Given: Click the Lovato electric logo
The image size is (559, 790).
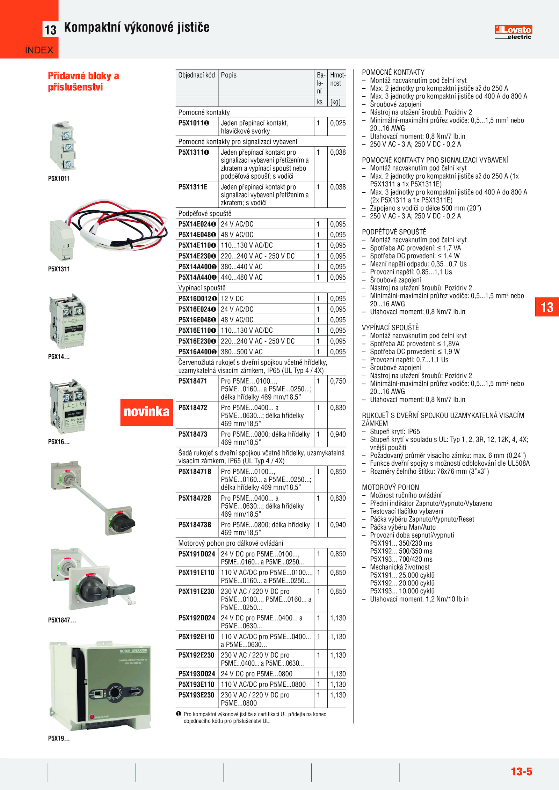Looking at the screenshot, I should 513,32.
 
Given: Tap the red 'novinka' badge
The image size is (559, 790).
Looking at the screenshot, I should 146,412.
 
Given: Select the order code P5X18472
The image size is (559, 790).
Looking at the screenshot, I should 193,408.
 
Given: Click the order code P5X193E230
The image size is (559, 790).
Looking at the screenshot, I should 196,695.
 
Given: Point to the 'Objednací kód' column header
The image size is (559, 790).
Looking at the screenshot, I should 196,75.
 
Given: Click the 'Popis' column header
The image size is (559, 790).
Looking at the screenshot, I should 228,75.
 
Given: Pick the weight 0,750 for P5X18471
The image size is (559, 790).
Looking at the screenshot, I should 337,381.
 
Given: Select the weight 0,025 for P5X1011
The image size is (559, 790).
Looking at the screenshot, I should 337,123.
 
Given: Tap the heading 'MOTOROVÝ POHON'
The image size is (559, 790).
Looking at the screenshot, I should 390,487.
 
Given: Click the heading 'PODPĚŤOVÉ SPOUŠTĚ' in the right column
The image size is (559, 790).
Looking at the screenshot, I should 394,232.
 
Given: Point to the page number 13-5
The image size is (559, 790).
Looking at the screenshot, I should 521,771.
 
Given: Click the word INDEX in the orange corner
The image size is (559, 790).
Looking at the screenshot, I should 39,50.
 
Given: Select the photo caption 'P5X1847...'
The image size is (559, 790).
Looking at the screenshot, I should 62,620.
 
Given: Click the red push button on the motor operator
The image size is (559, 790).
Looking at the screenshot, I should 92,716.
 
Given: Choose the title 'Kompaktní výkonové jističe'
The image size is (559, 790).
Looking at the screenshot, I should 137,28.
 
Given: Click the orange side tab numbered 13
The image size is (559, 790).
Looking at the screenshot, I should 547,307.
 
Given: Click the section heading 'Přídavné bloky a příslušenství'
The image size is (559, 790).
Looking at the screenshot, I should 83,81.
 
